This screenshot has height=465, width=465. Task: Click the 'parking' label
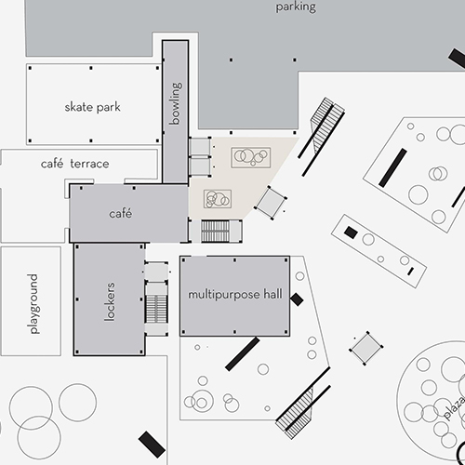296,7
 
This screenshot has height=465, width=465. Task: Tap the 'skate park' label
92,107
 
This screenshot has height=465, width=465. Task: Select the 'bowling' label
176,103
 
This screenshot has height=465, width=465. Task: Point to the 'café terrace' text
74,164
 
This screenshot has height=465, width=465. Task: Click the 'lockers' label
109,301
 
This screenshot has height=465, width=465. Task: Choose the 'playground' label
33,304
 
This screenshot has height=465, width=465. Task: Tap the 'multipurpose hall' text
235,295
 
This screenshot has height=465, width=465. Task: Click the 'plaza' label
455,407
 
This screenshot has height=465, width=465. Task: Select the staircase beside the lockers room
156,309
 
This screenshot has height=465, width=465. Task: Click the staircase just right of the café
215,232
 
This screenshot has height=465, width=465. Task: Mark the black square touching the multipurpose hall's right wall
297,299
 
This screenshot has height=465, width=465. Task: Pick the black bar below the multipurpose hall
243,354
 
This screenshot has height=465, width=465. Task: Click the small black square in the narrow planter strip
351,232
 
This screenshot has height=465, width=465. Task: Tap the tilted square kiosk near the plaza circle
366,348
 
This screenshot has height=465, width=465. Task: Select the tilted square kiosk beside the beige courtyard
271,203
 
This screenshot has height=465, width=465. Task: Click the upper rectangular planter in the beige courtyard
251,157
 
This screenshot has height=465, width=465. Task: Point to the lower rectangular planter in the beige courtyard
218,199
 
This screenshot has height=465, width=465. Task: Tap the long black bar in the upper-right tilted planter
392,167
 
